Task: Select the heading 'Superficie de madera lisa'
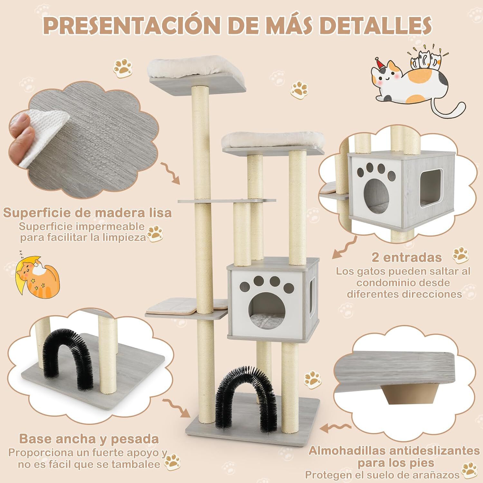87,213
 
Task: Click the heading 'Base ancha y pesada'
89,439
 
